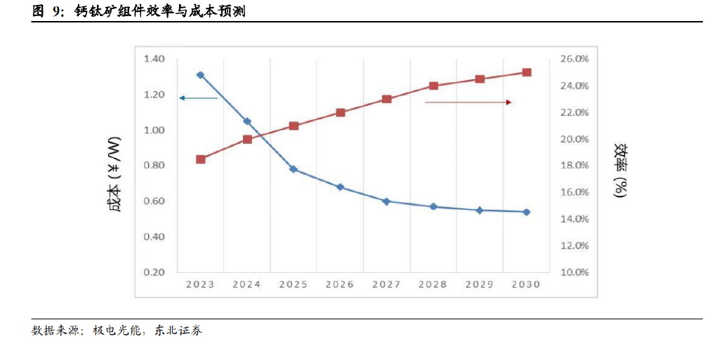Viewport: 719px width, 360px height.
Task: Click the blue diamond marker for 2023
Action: click(200, 75)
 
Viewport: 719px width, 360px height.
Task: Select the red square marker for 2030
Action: click(527, 72)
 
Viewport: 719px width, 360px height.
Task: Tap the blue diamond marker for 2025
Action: click(293, 169)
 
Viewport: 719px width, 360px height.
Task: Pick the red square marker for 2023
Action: click(200, 159)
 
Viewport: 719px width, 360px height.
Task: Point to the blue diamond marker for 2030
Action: click(527, 212)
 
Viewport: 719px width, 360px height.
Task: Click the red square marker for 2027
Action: click(386, 99)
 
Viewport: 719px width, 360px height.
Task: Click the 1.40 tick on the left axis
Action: click(154, 58)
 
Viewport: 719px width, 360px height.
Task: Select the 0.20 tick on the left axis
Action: click(154, 272)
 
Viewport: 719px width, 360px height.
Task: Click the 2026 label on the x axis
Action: click(340, 285)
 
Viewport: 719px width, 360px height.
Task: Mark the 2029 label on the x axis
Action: click(480, 285)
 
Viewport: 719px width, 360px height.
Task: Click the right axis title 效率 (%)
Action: click(621, 171)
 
